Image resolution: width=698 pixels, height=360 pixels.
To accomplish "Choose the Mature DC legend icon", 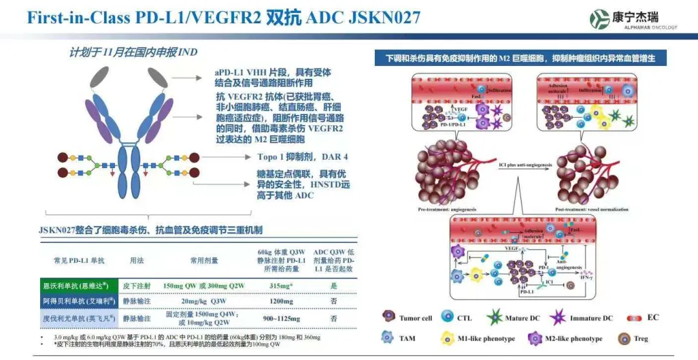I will coord(495,317).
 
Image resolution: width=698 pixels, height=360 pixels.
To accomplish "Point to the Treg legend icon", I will coord(624,338).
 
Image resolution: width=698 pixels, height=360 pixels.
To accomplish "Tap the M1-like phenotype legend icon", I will coord(447,338).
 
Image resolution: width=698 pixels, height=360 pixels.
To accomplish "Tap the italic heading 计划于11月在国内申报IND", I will coord(134,52).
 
